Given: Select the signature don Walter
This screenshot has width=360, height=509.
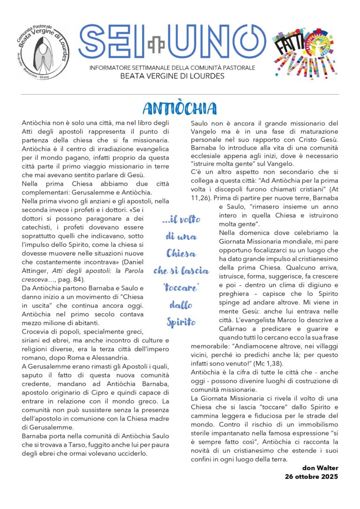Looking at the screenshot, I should pyautogui.click(x=320, y=468).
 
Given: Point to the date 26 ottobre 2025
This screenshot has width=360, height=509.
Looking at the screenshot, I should pyautogui.click(x=311, y=477).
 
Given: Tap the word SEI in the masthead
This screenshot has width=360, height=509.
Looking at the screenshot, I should pyautogui.click(x=112, y=43).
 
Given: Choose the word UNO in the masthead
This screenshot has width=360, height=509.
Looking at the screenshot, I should pyautogui.click(x=210, y=43).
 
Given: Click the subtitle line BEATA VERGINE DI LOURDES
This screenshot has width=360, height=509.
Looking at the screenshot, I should pyautogui.click(x=172, y=76).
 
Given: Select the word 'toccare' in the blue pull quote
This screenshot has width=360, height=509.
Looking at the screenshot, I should pyautogui.click(x=181, y=288).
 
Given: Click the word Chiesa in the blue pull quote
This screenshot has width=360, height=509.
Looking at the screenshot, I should pyautogui.click(x=181, y=254).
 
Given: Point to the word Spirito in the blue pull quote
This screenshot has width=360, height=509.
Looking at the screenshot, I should pyautogui.click(x=181, y=322).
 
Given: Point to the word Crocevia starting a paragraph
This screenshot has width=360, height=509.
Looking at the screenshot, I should pyautogui.click(x=37, y=332).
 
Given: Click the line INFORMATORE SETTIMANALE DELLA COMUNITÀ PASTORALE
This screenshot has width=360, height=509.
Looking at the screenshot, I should pyautogui.click(x=172, y=68).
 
